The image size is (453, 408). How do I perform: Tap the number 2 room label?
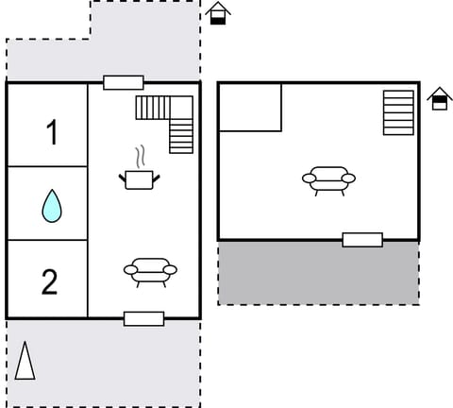[x=49, y=281]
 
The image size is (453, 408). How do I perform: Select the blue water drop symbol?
[x=52, y=205]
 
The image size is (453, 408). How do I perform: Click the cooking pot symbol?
[x=139, y=178]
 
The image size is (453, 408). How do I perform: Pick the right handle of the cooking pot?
[x=156, y=176]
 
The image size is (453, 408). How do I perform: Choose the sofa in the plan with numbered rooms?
[x=150, y=271]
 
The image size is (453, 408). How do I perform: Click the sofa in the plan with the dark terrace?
[x=328, y=178]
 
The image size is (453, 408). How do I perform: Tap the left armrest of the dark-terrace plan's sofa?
[x=308, y=178]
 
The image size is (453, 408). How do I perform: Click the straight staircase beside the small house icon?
[x=398, y=112]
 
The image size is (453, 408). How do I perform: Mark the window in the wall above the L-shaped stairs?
[x=124, y=82]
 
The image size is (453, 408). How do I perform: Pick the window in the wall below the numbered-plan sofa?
[x=143, y=318]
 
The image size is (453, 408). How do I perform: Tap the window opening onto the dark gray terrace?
[x=362, y=240]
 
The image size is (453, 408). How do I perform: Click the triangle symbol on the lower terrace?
[x=25, y=361]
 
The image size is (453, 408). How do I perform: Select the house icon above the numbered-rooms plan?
[x=218, y=13]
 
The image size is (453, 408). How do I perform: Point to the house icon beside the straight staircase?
[x=439, y=98]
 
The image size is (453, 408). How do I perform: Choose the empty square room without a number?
[x=250, y=107]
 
